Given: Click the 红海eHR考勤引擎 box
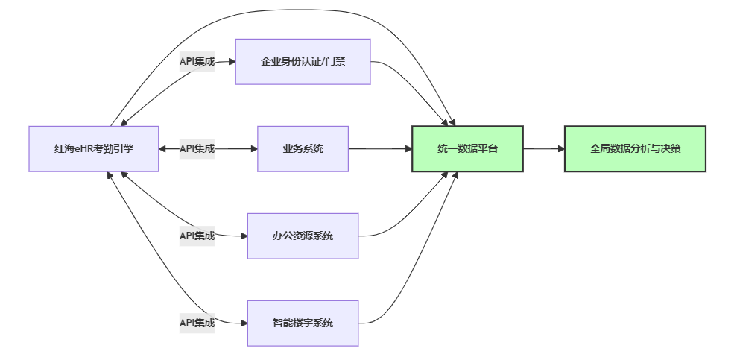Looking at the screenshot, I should (x=94, y=149).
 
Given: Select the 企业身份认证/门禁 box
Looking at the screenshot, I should (x=303, y=62).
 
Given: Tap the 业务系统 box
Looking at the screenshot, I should (x=303, y=149).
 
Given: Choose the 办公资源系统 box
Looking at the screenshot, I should (x=303, y=236).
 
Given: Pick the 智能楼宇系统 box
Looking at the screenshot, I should (x=303, y=323).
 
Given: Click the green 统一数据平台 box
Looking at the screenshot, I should (x=467, y=149).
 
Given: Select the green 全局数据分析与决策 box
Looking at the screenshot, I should (x=635, y=149).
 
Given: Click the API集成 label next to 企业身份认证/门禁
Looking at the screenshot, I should (x=197, y=62).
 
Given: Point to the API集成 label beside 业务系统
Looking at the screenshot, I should (x=197, y=149).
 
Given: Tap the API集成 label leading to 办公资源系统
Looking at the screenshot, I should (x=197, y=236).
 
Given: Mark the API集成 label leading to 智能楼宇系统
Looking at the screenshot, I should (x=197, y=323).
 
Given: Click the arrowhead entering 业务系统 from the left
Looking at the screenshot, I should (x=253, y=149).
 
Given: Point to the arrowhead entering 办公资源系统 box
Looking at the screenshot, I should (x=244, y=236).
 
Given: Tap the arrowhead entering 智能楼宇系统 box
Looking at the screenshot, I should (x=244, y=323).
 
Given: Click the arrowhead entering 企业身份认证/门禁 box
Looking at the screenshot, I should (x=232, y=62).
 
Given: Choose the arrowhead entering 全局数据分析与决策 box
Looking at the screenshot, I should (x=560, y=149).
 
